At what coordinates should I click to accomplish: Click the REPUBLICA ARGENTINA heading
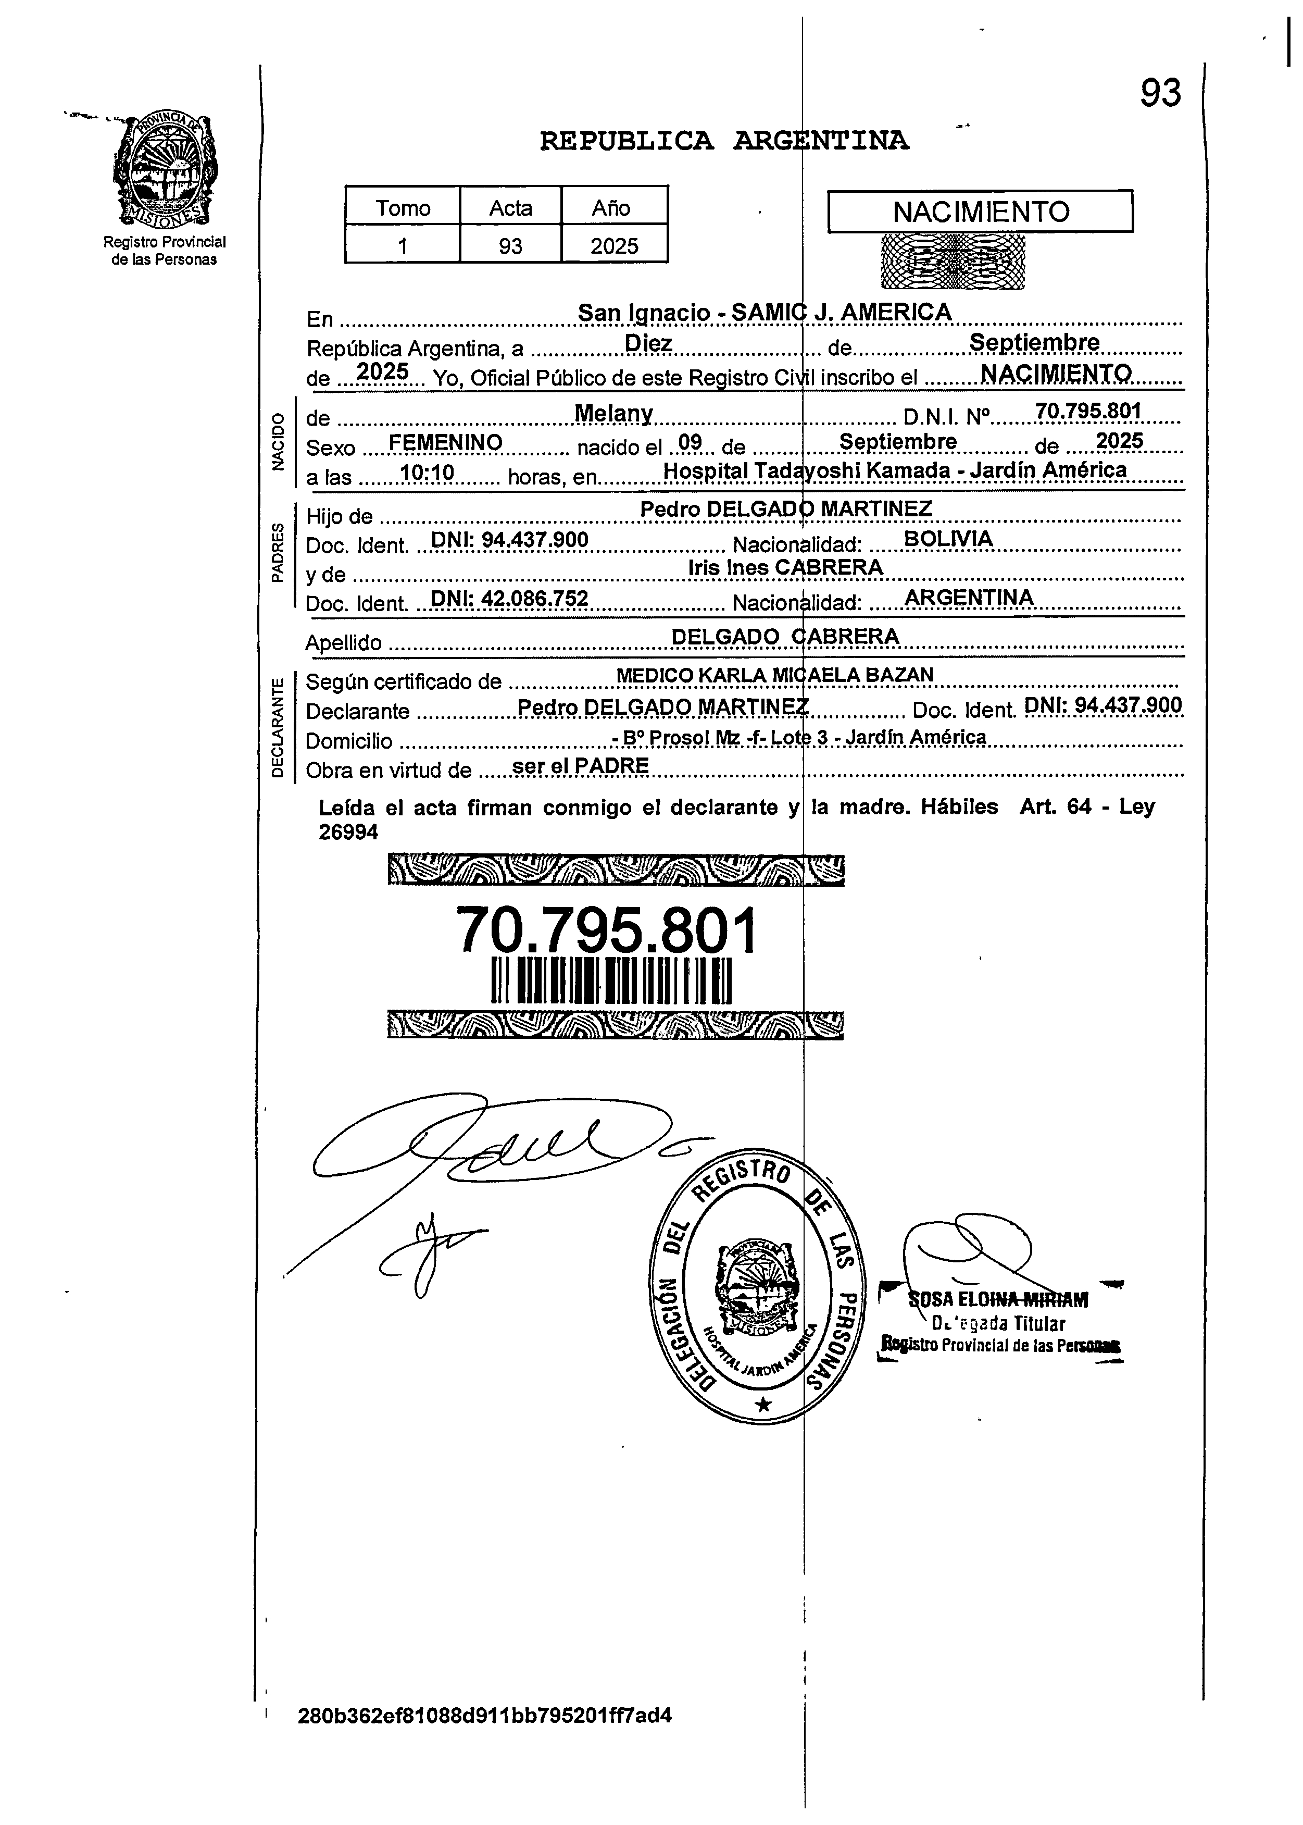click(x=724, y=141)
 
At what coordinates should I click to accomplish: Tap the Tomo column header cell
click(x=403, y=208)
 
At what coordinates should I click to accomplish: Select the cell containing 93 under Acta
click(x=510, y=245)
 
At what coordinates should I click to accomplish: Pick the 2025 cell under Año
click(x=614, y=245)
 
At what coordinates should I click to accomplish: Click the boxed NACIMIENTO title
click(x=981, y=212)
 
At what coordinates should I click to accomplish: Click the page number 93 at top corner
click(x=1160, y=93)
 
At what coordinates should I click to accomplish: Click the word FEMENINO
click(x=445, y=443)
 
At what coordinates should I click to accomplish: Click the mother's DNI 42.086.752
click(x=509, y=599)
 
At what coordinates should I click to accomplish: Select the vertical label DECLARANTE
click(x=278, y=727)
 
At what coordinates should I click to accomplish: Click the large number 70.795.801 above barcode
click(x=607, y=931)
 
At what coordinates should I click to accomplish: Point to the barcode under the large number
click(x=611, y=980)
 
